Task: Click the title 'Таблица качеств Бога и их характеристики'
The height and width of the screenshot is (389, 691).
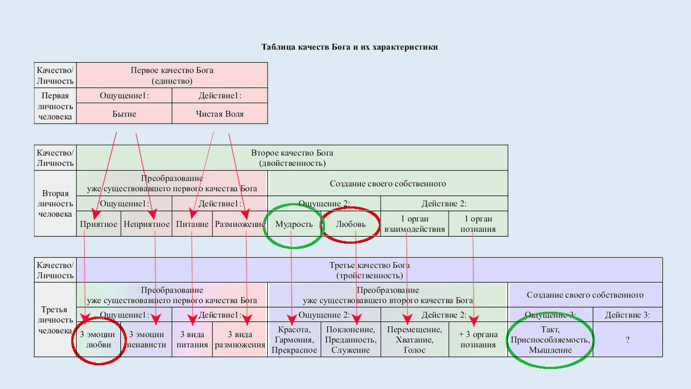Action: (x=350, y=47)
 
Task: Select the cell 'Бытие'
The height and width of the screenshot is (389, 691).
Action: (x=124, y=114)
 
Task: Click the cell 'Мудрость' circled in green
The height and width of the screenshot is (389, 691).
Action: (x=294, y=224)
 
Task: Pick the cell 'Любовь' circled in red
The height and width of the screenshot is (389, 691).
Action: (x=351, y=224)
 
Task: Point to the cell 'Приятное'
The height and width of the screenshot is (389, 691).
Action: (x=98, y=224)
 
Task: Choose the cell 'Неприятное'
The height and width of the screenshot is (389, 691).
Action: (x=146, y=224)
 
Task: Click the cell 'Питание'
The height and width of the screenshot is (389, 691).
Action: (x=192, y=224)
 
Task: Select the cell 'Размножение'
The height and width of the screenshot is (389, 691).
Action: (x=240, y=224)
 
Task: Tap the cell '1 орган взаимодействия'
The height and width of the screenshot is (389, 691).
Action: (x=415, y=224)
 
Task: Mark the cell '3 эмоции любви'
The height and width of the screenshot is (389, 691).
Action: (x=98, y=339)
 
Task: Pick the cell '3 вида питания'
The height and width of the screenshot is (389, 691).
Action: (x=192, y=339)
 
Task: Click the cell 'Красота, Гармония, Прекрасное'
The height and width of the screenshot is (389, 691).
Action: (x=294, y=339)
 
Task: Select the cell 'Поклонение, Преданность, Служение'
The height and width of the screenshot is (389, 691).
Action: (x=351, y=339)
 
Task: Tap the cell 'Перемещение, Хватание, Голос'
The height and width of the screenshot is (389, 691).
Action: (x=415, y=339)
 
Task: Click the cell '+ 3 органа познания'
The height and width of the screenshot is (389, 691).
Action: (x=478, y=339)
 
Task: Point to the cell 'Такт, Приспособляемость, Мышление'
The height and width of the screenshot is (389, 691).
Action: (x=550, y=339)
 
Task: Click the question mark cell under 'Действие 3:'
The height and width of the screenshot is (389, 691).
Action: (x=627, y=340)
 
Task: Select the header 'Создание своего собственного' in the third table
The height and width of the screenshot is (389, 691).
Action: (x=585, y=295)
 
